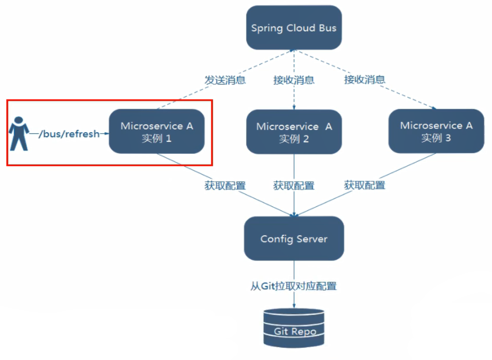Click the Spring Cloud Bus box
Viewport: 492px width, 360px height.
click(x=294, y=28)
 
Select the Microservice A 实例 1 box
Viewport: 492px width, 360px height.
click(x=157, y=132)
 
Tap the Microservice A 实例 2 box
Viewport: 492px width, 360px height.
click(x=294, y=132)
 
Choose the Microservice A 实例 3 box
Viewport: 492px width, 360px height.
click(x=436, y=131)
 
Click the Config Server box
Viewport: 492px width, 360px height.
click(x=294, y=239)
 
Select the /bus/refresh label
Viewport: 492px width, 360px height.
click(x=69, y=134)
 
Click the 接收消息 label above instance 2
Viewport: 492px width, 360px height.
click(x=294, y=80)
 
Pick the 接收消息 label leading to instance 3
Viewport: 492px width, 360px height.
click(x=364, y=80)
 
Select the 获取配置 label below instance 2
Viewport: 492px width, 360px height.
click(x=294, y=185)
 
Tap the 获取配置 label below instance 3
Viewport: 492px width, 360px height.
click(x=364, y=185)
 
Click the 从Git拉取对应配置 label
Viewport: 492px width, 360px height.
click(x=294, y=286)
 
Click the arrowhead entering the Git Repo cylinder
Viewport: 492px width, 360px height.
click(x=294, y=306)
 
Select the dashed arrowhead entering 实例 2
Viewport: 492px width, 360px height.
click(x=294, y=107)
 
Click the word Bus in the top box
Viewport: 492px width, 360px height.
click(x=328, y=28)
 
